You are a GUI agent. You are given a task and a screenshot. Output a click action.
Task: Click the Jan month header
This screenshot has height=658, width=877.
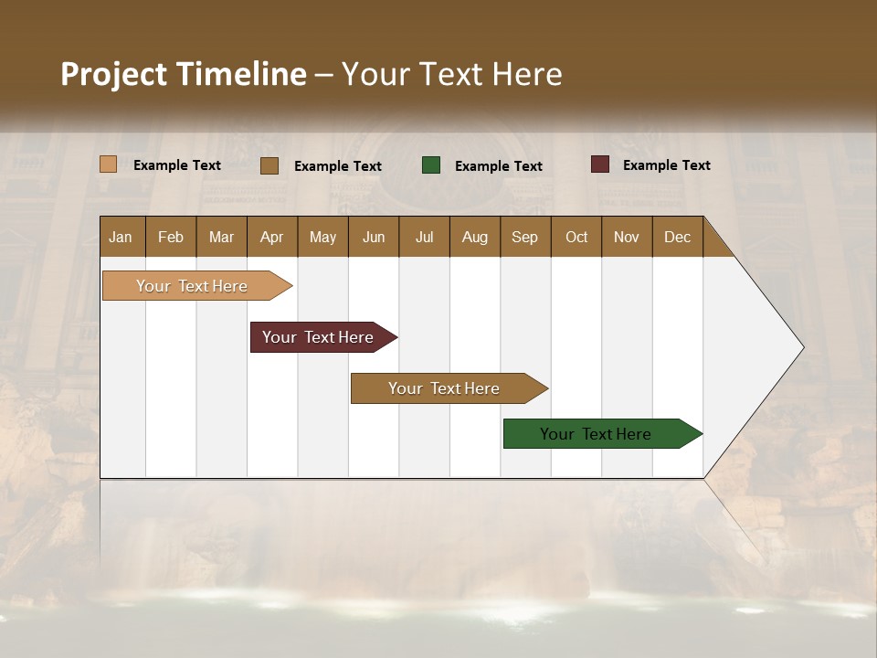pos(122,237)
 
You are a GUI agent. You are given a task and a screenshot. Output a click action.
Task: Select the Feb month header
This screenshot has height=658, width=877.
pos(171,237)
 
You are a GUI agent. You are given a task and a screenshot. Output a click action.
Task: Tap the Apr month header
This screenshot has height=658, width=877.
pos(272,237)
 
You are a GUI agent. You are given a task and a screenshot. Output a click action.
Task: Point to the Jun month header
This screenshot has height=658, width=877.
pos(374,237)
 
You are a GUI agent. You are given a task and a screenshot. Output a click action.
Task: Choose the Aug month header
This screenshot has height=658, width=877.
pos(475,237)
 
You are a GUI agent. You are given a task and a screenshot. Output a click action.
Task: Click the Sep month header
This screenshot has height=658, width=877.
pos(525,237)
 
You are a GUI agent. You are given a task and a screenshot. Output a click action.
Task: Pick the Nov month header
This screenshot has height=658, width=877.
pos(627,237)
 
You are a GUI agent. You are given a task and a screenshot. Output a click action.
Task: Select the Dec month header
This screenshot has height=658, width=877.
pos(678,237)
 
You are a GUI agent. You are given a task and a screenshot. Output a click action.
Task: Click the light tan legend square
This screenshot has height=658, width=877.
pos(109,164)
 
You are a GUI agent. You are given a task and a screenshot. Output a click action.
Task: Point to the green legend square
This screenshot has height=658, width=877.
pos(431,165)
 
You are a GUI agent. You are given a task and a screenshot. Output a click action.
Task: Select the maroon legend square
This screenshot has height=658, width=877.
pos(600,164)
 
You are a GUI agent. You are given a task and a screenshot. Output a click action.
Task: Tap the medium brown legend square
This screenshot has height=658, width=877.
pos(269,165)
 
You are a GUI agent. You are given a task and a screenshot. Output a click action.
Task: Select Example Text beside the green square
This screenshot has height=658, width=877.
pos(499,166)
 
